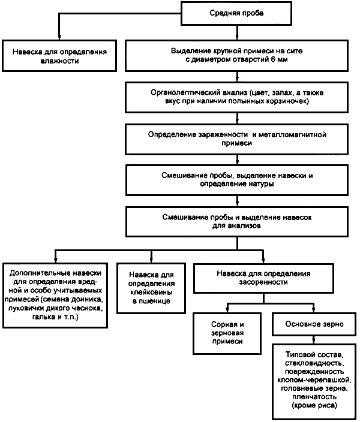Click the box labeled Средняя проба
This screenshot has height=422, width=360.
coord(236,13)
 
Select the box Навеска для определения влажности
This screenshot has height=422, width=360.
coord(59,56)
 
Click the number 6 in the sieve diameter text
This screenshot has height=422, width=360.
coord(273,59)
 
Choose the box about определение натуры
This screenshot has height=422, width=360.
coord(237,180)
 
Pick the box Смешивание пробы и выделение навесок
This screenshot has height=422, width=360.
coord(237,222)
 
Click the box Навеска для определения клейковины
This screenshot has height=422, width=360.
coord(151,288)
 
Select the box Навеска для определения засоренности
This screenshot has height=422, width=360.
coord(263,278)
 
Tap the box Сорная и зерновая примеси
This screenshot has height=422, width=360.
coord(227,333)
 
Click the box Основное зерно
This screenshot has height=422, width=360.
coord(314,324)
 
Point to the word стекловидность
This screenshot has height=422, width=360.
coord(314,363)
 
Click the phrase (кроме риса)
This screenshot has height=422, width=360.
coord(314,405)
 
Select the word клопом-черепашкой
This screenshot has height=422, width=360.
coord(314,380)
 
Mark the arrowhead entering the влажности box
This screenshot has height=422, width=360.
coord(59,37)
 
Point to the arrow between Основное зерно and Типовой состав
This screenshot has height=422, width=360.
coord(314,340)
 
